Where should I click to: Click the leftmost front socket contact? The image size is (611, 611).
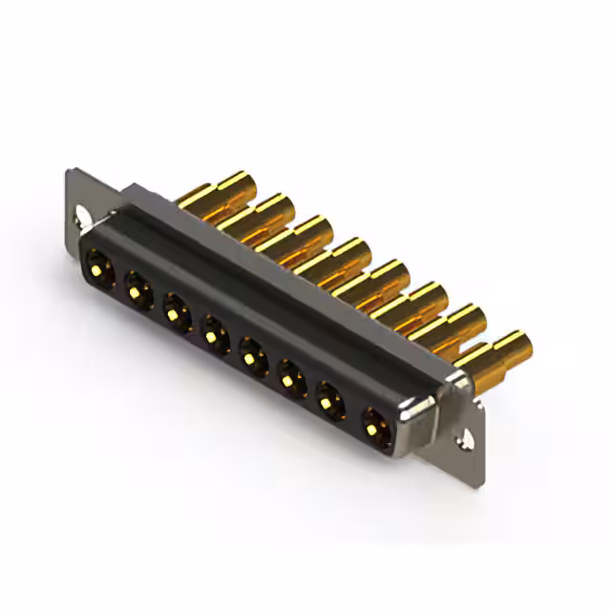pos(98,260)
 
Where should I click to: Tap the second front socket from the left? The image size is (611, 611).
pos(137,284)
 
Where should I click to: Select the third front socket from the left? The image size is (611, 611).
pos(176,309)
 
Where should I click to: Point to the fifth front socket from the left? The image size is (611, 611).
pos(253,358)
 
